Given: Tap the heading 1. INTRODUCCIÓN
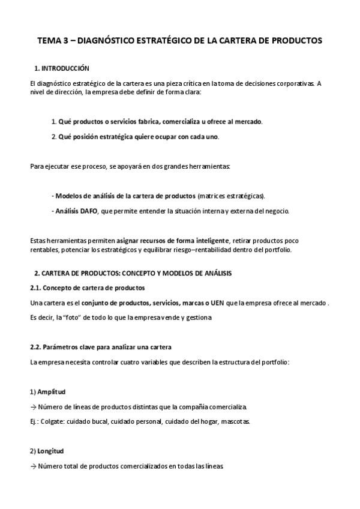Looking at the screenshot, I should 62,68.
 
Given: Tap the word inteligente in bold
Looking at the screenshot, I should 211,240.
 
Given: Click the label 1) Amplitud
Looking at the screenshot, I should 47,391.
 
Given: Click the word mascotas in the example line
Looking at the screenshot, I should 236,421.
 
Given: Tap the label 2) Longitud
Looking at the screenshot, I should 47,451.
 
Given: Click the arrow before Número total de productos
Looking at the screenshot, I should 34,466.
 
